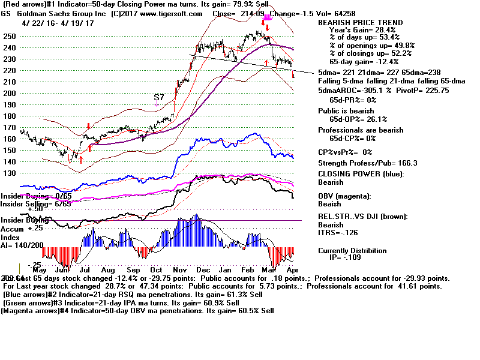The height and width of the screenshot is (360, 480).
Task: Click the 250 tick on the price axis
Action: (x=9, y=36)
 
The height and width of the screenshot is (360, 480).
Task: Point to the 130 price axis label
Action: (x=9, y=173)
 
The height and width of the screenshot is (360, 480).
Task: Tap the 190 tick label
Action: (x=9, y=104)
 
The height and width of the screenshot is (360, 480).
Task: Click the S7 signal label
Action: (x=158, y=97)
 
